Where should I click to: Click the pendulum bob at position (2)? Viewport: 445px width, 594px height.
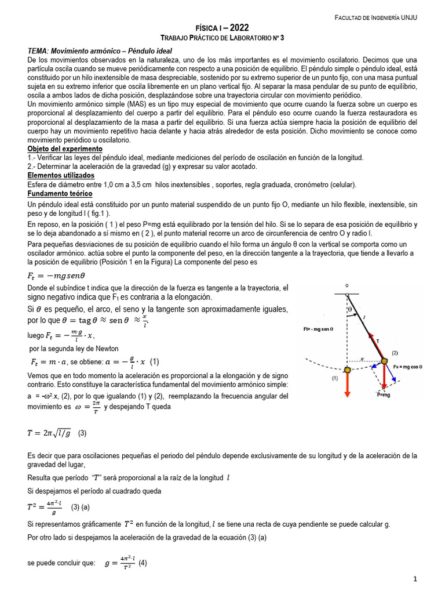pyautogui.click(x=384, y=361)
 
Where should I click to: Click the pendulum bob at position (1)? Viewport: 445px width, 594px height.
pyautogui.click(x=347, y=370)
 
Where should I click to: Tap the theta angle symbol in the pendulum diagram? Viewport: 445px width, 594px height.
pyautogui.click(x=350, y=309)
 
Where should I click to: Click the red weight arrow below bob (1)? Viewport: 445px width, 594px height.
pyautogui.click(x=347, y=385)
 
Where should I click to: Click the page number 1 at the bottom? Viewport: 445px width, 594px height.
pyautogui.click(x=415, y=579)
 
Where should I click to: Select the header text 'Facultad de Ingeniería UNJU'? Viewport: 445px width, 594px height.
pyautogui.click(x=376, y=18)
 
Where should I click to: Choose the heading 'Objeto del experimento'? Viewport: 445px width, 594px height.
pyautogui.click(x=65, y=149)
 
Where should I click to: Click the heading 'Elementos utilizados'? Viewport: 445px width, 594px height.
pyautogui.click(x=61, y=175)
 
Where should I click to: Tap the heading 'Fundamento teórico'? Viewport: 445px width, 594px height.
pyautogui.click(x=60, y=193)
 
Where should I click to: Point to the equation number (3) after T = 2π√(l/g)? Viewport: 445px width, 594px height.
pyautogui.click(x=82, y=433)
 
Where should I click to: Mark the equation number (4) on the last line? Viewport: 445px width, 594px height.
pyautogui.click(x=143, y=562)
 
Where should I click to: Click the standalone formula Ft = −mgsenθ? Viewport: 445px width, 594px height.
pyautogui.click(x=56, y=276)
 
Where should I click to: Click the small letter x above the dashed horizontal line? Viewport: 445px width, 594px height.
pyautogui.click(x=362, y=359)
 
